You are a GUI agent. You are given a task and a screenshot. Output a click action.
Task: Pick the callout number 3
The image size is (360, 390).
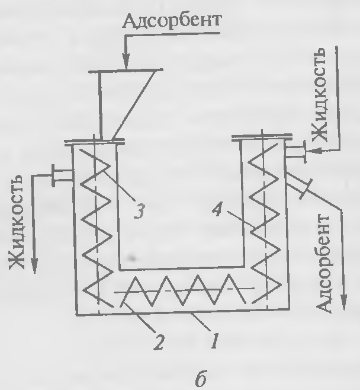coord(140,210)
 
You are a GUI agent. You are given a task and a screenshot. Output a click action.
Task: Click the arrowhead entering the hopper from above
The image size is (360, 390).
coord(125,62)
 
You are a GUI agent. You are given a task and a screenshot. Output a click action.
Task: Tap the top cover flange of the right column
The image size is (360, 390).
coord(258,139)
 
